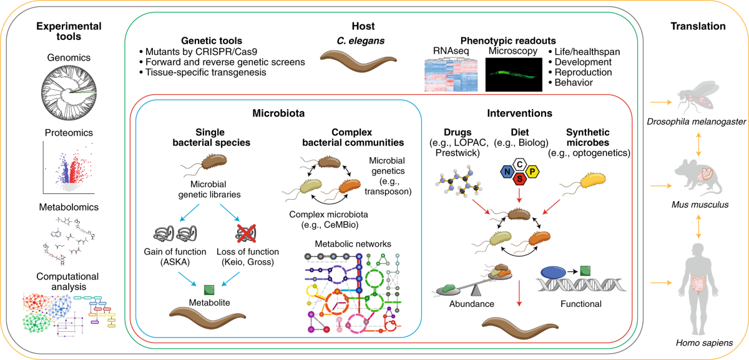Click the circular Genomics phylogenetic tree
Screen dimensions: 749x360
[x=69, y=92]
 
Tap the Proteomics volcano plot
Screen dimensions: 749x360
[x=69, y=168]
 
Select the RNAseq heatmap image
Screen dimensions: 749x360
[x=451, y=74]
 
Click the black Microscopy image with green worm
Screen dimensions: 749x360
[x=514, y=74]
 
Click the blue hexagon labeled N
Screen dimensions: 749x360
[x=507, y=172]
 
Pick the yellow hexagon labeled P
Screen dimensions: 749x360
[x=532, y=172]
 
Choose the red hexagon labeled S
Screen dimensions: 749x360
[x=519, y=179]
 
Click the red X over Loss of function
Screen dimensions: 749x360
[x=246, y=233]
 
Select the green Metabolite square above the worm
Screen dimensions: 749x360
[x=209, y=289]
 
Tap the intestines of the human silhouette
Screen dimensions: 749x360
[x=698, y=288]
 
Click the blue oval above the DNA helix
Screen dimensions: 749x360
[x=554, y=273]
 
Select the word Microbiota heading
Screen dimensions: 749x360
[x=278, y=114]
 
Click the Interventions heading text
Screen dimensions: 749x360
[x=519, y=114]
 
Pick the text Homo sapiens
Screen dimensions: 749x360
[x=704, y=343]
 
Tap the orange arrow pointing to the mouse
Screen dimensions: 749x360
[x=661, y=185]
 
